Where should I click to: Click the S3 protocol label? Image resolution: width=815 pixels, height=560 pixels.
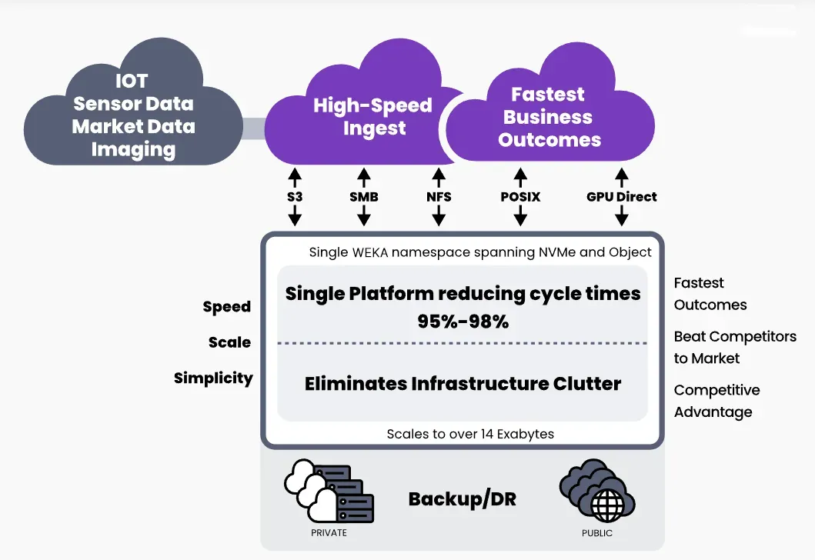pyautogui.click(x=294, y=197)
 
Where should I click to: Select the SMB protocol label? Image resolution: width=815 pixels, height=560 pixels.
pyautogui.click(x=364, y=197)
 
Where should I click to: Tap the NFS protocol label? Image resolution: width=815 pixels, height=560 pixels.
pyautogui.click(x=439, y=197)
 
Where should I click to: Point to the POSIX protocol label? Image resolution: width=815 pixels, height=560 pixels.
pyautogui.click(x=520, y=197)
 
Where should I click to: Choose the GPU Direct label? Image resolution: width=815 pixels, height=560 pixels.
pyautogui.click(x=622, y=197)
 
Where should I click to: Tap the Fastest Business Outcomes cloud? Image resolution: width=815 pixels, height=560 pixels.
pyautogui.click(x=549, y=117)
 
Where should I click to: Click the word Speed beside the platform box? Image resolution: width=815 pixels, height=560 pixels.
pyautogui.click(x=227, y=307)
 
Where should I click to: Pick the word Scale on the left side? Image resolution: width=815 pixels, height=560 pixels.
pyautogui.click(x=230, y=342)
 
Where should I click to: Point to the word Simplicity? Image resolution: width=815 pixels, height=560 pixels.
pyautogui.click(x=213, y=378)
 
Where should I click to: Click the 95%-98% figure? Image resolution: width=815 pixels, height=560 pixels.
pyautogui.click(x=463, y=322)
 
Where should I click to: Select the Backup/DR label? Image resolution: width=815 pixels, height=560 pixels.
pyautogui.click(x=463, y=499)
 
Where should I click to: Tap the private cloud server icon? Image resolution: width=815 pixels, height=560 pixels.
pyautogui.click(x=329, y=493)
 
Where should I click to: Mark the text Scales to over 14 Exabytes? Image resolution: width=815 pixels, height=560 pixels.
pyautogui.click(x=470, y=434)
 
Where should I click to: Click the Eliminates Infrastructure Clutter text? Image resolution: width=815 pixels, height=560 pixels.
pyautogui.click(x=463, y=383)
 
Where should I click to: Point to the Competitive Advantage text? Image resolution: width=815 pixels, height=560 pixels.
pyautogui.click(x=716, y=401)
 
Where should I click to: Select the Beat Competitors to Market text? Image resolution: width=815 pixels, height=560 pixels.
pyautogui.click(x=735, y=347)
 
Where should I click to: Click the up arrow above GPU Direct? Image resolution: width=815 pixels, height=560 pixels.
pyautogui.click(x=622, y=175)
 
